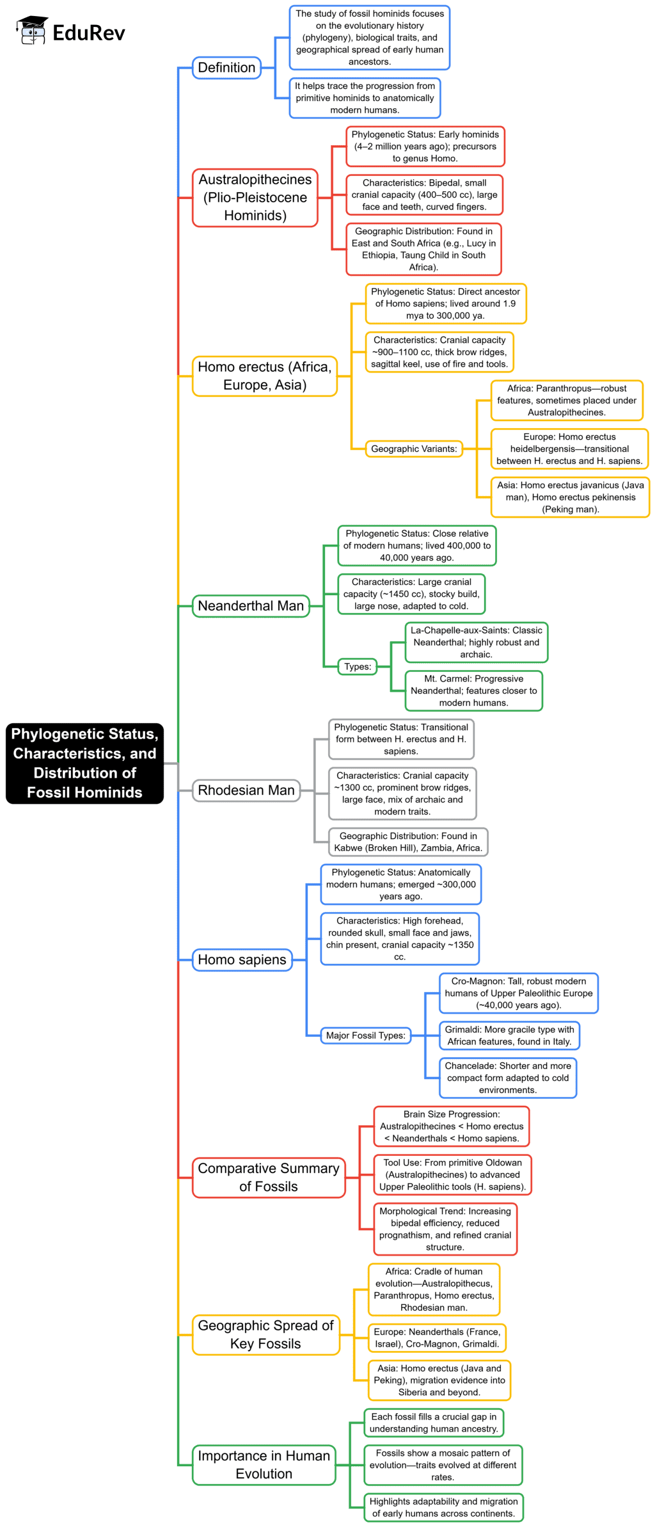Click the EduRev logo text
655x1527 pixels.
tap(88, 33)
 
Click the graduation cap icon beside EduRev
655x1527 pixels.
tap(32, 30)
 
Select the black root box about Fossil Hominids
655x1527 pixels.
tap(84, 763)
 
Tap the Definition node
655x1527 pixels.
tap(226, 68)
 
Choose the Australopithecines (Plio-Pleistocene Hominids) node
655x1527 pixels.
tap(255, 197)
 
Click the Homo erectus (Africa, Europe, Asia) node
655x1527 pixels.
tap(264, 376)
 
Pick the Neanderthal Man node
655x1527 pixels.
tap(251, 605)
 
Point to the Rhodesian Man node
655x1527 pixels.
tap(246, 790)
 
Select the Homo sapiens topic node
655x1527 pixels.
tap(242, 959)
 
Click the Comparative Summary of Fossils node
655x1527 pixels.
tap(269, 1177)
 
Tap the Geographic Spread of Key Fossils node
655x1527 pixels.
tap(265, 1334)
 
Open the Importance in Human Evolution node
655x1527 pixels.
tap(264, 1464)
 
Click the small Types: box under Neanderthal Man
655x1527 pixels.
tap(358, 666)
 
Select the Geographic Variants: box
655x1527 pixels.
tap(414, 449)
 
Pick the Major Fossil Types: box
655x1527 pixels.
tap(365, 1035)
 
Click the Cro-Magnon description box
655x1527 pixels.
tap(518, 993)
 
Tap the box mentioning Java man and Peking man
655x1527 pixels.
tap(570, 497)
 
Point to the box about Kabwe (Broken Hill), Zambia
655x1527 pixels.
tap(407, 842)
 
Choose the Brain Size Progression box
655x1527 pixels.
tap(452, 1126)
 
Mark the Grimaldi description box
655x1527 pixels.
tap(509, 1035)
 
